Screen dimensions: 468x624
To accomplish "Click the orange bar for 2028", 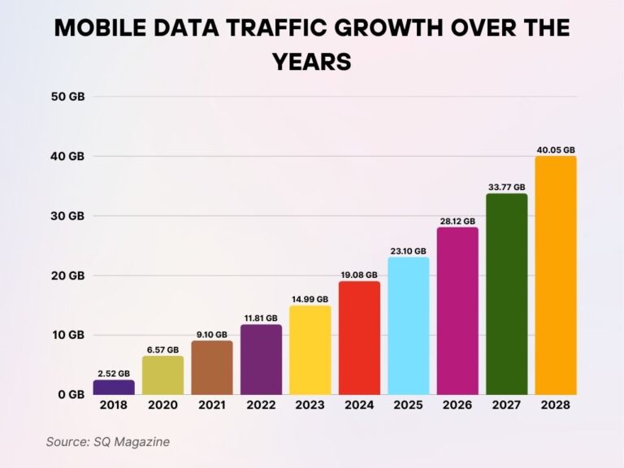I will click(556, 275).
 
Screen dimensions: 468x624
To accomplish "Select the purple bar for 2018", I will click(114, 387).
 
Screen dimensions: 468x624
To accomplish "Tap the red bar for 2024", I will click(359, 338).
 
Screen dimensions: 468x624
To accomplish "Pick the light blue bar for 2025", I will click(408, 326).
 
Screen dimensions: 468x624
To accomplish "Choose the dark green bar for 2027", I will click(506, 294).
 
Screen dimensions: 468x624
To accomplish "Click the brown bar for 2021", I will click(212, 367).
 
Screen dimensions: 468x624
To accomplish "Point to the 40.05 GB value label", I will click(556, 149).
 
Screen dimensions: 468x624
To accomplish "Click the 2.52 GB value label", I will click(114, 374).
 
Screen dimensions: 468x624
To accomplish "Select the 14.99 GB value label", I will click(310, 299).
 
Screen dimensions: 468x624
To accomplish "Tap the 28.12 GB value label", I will click(457, 221).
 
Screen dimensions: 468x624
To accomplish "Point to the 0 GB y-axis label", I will click(71, 395).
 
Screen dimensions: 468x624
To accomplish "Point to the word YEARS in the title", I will click(312, 61).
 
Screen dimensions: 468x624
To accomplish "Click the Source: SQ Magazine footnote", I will click(107, 441).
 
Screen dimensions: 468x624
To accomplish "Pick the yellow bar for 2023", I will click(310, 350).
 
